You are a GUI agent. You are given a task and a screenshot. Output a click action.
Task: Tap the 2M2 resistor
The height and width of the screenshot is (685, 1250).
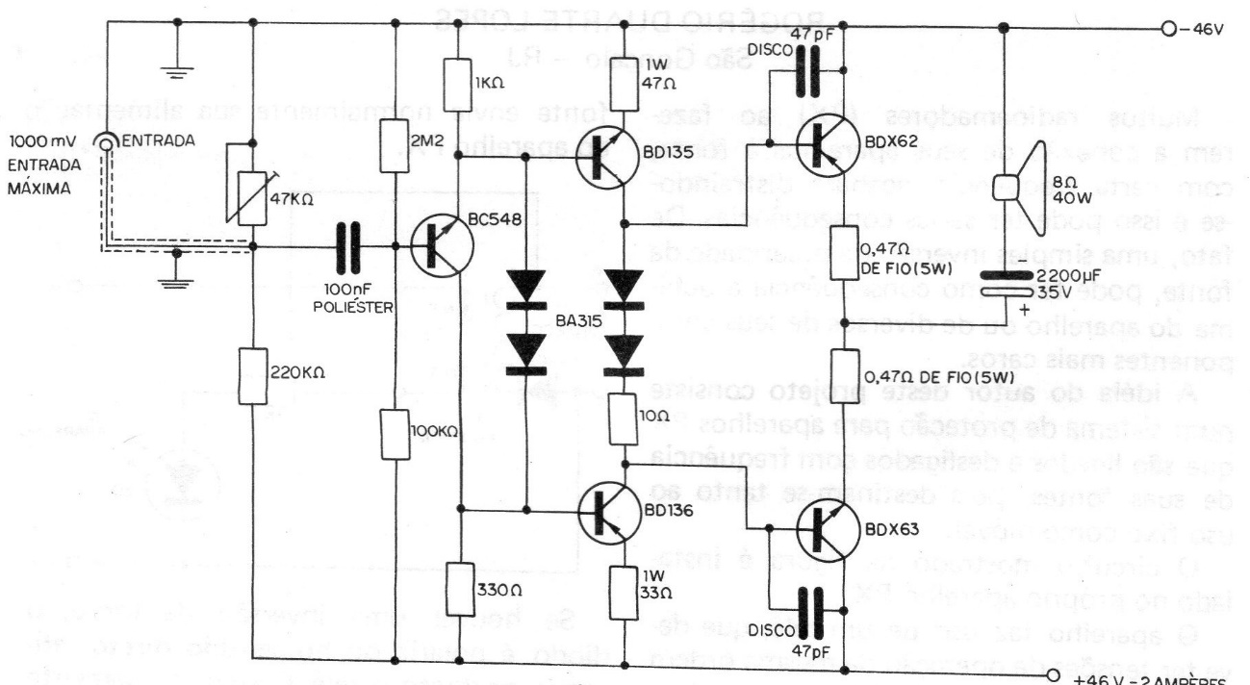click(395, 144)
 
